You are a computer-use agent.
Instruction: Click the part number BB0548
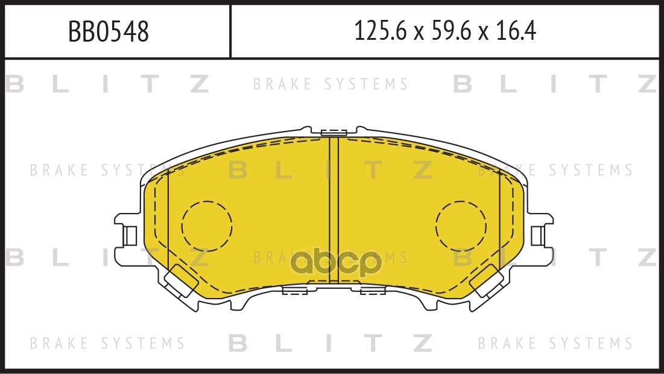coord(109,32)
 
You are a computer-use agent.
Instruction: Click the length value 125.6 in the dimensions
coord(381,31)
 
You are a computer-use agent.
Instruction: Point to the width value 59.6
coord(451,31)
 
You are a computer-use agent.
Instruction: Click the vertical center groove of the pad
coord(334,211)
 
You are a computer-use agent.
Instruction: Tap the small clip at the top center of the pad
coord(334,132)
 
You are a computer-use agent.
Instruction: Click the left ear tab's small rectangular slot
coord(130,235)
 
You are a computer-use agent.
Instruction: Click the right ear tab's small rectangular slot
coord(538,235)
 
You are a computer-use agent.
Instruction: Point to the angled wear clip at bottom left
coord(182,281)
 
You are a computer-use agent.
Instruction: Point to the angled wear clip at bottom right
coord(487,281)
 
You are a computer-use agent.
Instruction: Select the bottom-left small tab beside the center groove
coord(295,290)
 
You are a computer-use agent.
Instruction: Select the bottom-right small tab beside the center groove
coord(373,290)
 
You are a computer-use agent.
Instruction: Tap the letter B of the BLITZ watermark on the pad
coord(238,170)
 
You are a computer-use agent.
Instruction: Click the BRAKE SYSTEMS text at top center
coord(330,84)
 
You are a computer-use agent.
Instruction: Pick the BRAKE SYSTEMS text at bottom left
coord(107,343)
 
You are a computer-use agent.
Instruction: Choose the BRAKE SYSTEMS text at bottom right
coord(555,343)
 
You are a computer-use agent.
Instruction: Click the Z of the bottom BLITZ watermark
coord(423,343)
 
